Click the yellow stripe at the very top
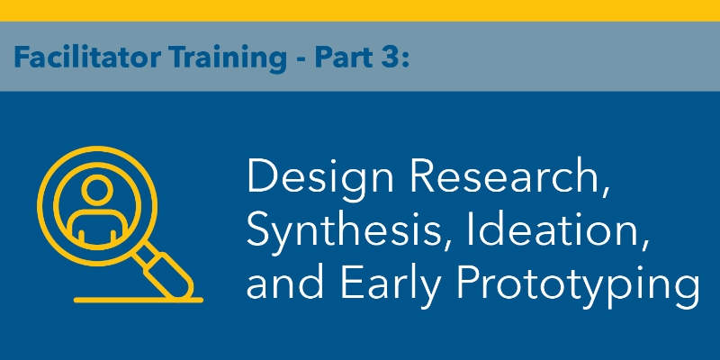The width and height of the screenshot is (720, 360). point(360,10)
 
